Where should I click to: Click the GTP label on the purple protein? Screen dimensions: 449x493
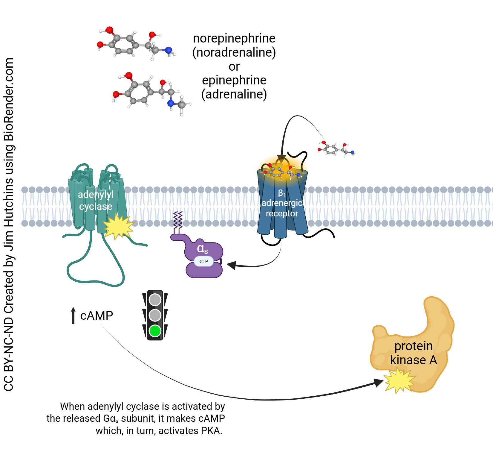pos(204,261)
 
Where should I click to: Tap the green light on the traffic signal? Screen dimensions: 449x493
pos(155,331)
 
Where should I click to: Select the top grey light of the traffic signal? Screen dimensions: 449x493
pos(155,300)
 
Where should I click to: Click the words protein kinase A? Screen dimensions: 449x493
pos(413,353)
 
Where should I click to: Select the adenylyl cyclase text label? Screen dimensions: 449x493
pos(96,200)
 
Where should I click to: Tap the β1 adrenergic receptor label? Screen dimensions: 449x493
pos(282,204)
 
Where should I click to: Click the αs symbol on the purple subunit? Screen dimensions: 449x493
pos(202,248)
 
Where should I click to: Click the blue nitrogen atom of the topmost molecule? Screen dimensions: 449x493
pos(169,50)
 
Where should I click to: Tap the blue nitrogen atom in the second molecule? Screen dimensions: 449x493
pos(171,103)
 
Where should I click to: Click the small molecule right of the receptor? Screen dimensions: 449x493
pos(336,149)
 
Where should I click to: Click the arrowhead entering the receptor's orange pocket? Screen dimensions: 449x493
pos(281,158)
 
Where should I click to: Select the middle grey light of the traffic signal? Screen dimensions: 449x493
pos(155,315)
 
